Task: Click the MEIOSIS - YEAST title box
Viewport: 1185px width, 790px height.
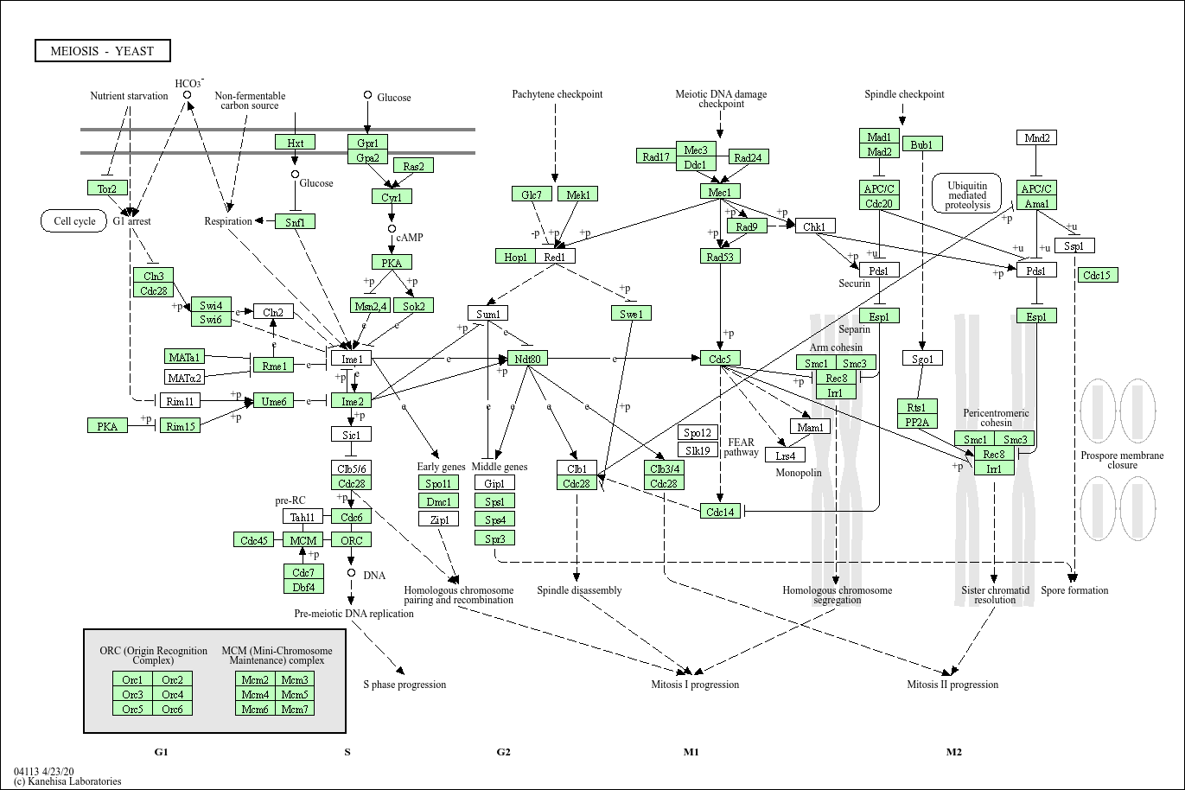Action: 102,51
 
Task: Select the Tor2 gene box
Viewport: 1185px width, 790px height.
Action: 107,188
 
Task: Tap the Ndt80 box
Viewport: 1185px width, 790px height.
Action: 527,358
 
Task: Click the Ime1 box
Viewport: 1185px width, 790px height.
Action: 351,358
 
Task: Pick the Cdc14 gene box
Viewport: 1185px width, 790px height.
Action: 721,512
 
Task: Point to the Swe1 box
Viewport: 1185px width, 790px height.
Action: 631,313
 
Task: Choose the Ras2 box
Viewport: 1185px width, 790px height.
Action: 413,165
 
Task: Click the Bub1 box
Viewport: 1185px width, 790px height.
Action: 922,144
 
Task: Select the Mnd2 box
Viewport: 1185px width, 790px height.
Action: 1037,137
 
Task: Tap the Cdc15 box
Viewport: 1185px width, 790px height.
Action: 1099,275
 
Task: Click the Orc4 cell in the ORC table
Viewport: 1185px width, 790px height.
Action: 172,694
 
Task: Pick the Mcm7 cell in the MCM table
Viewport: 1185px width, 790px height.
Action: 295,709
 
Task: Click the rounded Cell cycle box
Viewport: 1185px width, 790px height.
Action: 74,221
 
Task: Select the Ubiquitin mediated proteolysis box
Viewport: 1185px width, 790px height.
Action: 967,194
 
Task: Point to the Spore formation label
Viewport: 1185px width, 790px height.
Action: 1075,590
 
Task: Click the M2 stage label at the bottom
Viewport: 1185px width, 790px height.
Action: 953,752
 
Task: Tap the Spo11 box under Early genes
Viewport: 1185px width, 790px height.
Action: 438,483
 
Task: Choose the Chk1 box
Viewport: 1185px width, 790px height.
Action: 814,226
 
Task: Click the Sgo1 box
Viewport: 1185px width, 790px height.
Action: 922,358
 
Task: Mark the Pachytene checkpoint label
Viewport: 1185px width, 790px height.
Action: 557,94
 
